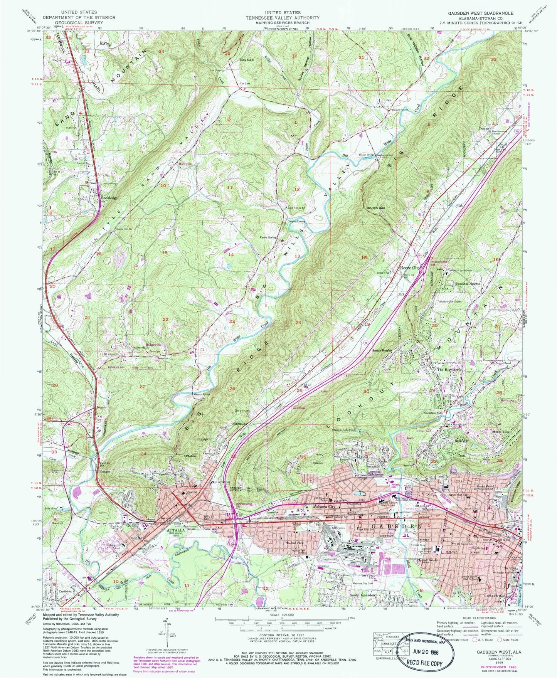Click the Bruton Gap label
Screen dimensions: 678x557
[376, 208]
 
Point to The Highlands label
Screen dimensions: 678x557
[449, 370]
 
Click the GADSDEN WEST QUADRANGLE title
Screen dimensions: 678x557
[480, 13]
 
